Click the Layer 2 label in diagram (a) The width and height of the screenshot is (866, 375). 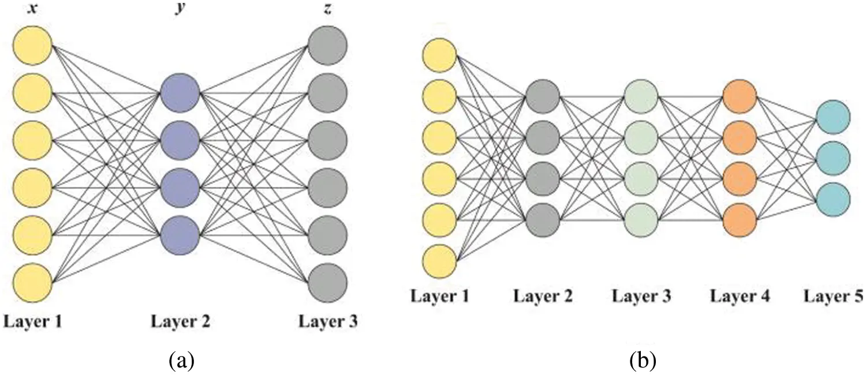pos(180,321)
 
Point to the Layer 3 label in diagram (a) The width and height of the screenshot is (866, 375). pos(327,321)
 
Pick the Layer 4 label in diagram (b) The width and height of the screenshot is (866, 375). pos(739,297)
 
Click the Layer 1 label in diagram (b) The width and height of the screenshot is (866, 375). pos(439,297)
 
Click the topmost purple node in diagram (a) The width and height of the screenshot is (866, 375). pos(180,93)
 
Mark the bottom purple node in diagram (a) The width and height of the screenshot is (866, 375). pos(180,234)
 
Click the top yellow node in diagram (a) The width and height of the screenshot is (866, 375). pos(32,45)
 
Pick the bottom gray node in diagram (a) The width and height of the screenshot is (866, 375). pos(327,282)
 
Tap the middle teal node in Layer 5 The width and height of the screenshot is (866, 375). pos(832,157)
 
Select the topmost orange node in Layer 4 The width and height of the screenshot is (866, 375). pos(739,96)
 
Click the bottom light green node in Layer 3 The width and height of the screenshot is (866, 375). pos(641,220)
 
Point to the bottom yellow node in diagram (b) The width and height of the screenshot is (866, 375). pos(439,261)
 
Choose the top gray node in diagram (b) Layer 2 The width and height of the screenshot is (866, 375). pos(542,96)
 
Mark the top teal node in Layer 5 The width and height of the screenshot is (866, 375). pos(832,117)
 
